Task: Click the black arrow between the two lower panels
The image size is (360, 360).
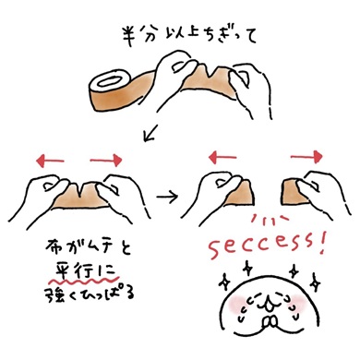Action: point(168,197)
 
